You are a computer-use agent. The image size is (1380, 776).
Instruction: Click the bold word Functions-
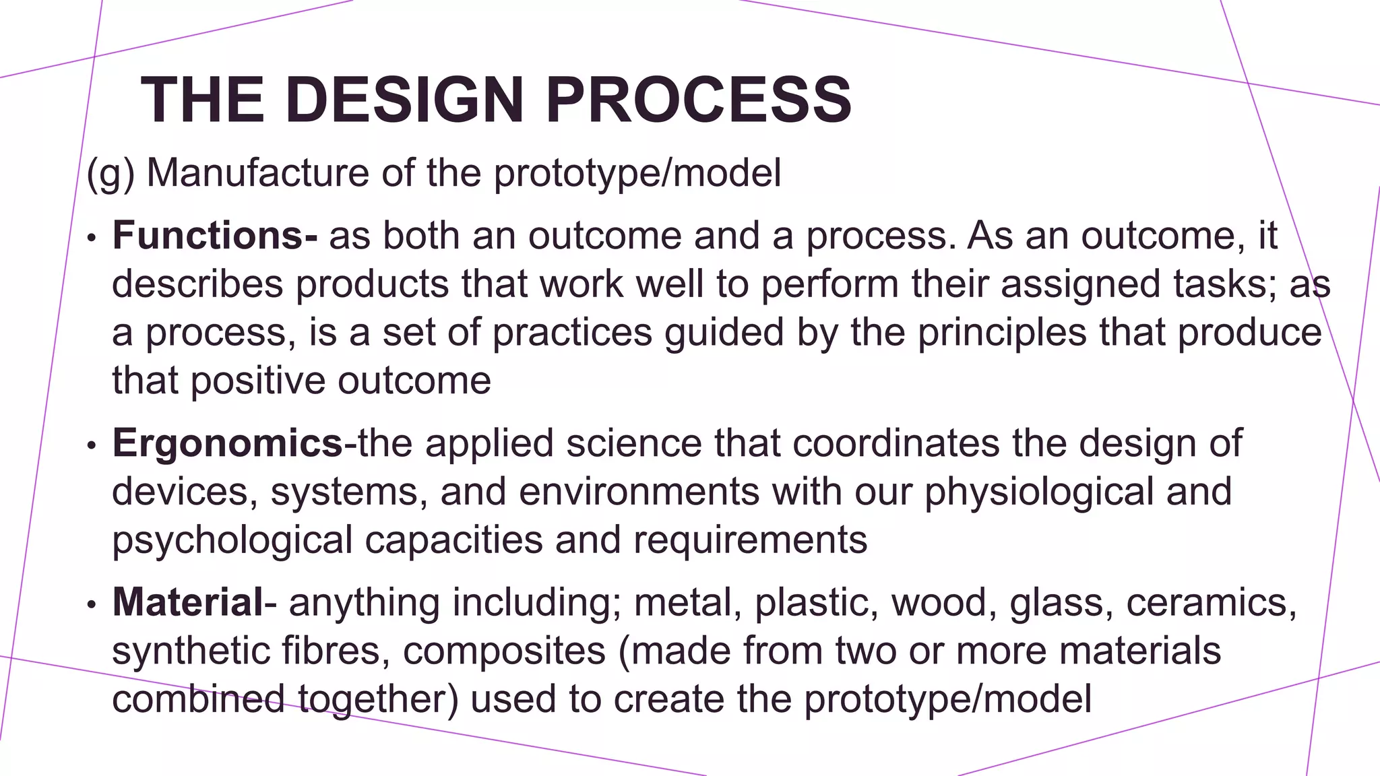[x=214, y=236]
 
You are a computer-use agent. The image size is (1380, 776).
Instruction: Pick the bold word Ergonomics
[x=227, y=443]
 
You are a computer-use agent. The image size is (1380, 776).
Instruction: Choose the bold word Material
[x=187, y=602]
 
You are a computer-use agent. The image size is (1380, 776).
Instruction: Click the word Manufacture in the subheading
[x=257, y=173]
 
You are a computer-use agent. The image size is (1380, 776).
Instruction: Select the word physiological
[x=1038, y=492]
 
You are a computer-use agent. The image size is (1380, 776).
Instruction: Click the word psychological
[x=232, y=540]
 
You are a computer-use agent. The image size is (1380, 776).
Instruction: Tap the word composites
[x=504, y=651]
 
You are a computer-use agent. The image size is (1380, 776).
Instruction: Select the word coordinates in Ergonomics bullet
[x=896, y=443]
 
